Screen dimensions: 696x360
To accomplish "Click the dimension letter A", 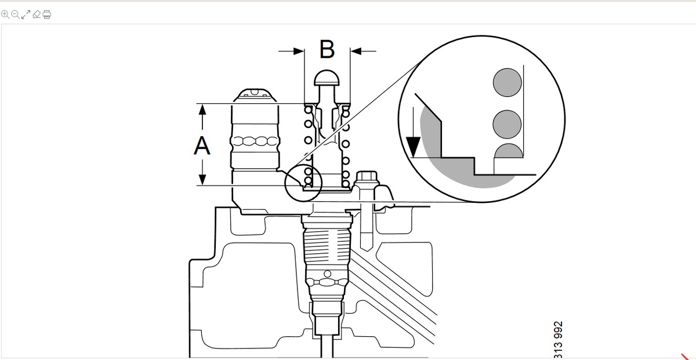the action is (202, 146).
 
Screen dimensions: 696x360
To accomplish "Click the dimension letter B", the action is (327, 49).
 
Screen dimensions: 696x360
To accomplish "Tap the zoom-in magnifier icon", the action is (5, 14).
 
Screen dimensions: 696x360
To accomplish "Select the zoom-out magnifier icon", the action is (15, 14).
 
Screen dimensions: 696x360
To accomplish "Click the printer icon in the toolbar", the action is (47, 14).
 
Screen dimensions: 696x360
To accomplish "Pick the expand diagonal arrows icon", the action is (26, 14).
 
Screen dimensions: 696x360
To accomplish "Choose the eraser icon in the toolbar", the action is (37, 14).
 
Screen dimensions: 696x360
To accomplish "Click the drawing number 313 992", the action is (558, 340).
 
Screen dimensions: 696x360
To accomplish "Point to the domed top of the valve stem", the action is (327, 78).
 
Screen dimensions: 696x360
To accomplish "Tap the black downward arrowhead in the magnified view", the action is (413, 147).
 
